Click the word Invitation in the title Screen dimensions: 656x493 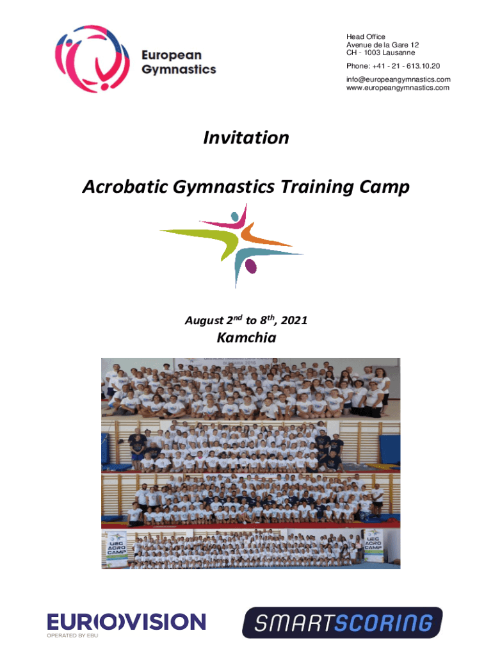pyautogui.click(x=246, y=138)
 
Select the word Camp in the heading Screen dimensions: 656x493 pyautogui.click(x=385, y=188)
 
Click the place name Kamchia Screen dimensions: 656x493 pyautogui.click(x=246, y=338)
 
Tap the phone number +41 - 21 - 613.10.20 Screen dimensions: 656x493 pyautogui.click(x=393, y=66)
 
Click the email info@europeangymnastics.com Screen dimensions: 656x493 pyautogui.click(x=398, y=79)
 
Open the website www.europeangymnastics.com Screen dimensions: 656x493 pyautogui.click(x=398, y=88)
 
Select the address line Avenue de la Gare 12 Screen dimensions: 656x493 pyautogui.click(x=382, y=45)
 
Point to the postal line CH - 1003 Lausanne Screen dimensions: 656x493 pyautogui.click(x=380, y=53)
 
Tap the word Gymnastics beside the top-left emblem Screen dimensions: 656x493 pyautogui.click(x=179, y=70)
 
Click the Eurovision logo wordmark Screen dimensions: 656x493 pyautogui.click(x=126, y=621)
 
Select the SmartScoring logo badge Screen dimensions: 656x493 pyautogui.click(x=342, y=623)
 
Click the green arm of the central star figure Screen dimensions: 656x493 pyautogui.click(x=192, y=231)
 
